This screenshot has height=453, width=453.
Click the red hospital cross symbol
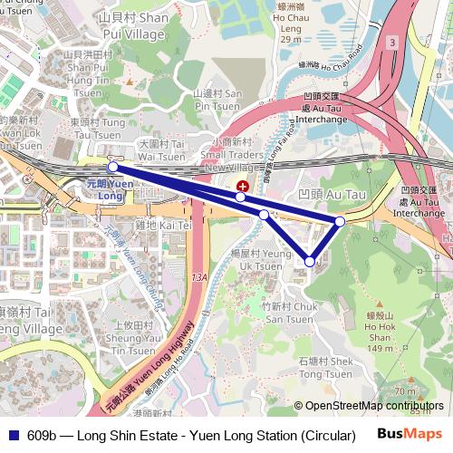tap(241, 186)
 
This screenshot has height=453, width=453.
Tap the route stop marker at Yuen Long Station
tap(112, 167)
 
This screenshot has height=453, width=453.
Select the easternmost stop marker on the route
tap(340, 221)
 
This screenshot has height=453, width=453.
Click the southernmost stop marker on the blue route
tap(310, 262)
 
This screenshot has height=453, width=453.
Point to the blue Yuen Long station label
tap(109, 189)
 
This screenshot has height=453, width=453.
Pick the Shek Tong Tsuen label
tap(324, 368)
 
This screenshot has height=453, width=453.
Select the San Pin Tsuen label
tap(217, 99)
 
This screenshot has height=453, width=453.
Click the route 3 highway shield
tap(391, 43)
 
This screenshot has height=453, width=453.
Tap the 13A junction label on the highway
tap(200, 277)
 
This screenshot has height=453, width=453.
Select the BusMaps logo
tap(410, 434)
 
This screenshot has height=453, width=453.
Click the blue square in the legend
tap(13, 435)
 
